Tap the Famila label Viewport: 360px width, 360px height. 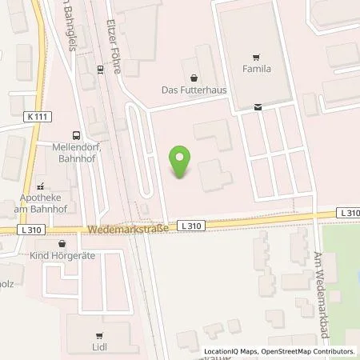[x=254, y=70]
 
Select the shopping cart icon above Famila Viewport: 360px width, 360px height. [x=254, y=57]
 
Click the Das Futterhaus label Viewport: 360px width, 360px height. [x=194, y=90]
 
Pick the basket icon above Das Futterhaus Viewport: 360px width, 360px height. [x=194, y=78]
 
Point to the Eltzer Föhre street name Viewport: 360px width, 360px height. [x=115, y=48]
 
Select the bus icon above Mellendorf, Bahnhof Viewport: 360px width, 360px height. [x=74, y=135]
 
